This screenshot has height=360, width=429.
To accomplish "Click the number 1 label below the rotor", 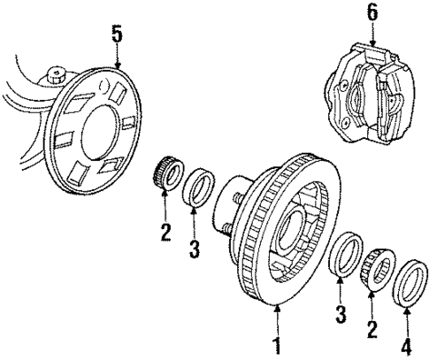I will (277, 341).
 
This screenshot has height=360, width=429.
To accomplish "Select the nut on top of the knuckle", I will (59, 74).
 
